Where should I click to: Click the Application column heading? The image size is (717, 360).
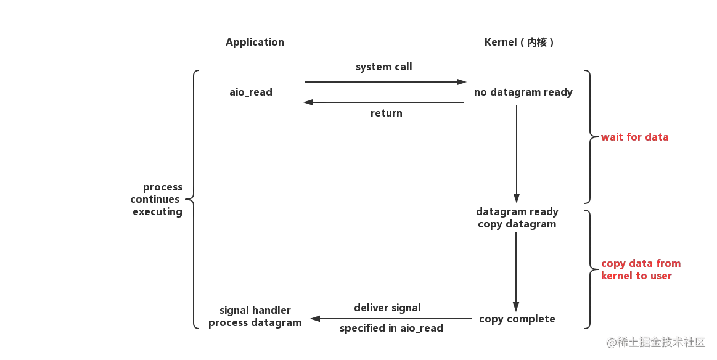click(x=255, y=42)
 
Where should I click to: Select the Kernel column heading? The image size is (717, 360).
click(x=519, y=42)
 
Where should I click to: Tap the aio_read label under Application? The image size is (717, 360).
click(x=251, y=92)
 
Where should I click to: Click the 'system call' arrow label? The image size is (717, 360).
click(x=384, y=67)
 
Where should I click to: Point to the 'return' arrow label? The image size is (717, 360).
click(x=387, y=113)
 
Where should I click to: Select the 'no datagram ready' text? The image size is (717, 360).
click(x=523, y=92)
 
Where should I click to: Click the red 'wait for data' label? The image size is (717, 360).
click(x=634, y=137)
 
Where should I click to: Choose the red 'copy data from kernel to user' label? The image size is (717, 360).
click(x=641, y=269)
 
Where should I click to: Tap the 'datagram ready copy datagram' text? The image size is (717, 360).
click(x=517, y=218)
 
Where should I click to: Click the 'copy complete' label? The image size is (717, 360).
click(x=517, y=319)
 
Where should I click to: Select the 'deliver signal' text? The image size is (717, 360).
click(x=387, y=308)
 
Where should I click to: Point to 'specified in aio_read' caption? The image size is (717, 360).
click(x=391, y=328)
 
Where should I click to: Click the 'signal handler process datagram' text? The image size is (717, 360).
click(x=255, y=316)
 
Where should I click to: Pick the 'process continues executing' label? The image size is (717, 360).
click(x=157, y=200)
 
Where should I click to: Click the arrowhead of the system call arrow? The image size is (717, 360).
click(x=461, y=82)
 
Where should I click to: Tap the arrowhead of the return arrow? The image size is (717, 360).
click(x=309, y=102)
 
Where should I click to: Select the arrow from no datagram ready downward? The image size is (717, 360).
click(x=517, y=154)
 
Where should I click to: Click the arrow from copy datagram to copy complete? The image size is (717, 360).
click(x=516, y=272)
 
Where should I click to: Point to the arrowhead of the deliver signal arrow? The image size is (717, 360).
click(x=315, y=318)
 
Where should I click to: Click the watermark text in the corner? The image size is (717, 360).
click(x=656, y=342)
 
